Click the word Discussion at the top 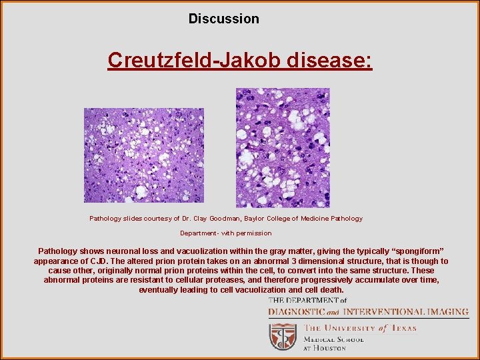223,19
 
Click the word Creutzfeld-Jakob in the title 195,61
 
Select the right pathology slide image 283,148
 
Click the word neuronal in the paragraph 131,252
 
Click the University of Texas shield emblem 283,337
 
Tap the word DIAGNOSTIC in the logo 297,312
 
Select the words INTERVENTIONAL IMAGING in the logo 405,312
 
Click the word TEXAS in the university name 403,328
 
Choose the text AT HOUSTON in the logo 325,347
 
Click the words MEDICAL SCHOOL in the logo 333,339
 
